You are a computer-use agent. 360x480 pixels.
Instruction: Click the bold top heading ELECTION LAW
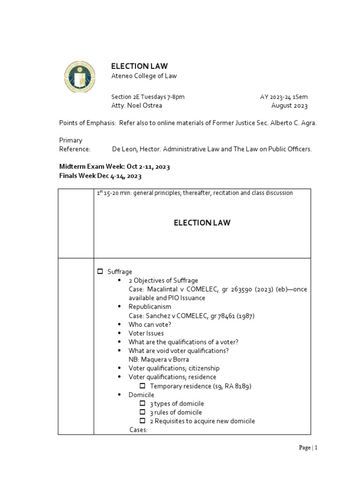[x=139, y=66]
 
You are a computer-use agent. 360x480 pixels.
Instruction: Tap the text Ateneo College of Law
[x=143, y=76]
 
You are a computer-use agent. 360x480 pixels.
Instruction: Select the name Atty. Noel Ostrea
[x=136, y=105]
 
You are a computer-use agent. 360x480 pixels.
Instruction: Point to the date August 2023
[x=289, y=105]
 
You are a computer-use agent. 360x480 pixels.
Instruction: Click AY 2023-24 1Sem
[x=284, y=97]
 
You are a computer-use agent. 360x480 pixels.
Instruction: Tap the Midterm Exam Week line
[x=114, y=167]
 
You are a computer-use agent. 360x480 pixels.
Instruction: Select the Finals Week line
[x=100, y=176]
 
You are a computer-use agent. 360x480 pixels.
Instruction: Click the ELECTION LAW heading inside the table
[x=202, y=223]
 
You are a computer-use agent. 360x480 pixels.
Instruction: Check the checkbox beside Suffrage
[x=100, y=272]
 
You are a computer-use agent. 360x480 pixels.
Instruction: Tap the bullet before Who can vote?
[x=120, y=324]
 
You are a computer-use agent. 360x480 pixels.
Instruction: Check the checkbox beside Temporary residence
[x=143, y=386]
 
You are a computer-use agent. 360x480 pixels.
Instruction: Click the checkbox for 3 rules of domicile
[x=143, y=412]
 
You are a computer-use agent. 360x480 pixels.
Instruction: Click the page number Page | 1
[x=308, y=448]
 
